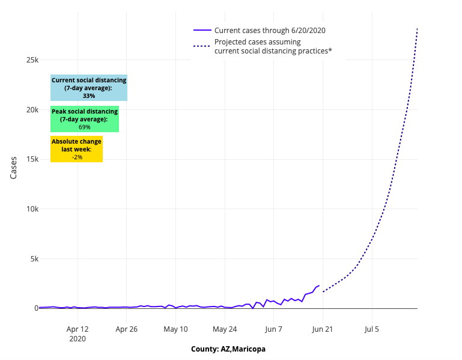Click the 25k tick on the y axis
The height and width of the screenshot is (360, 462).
tap(31, 61)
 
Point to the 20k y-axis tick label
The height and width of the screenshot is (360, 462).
tap(31, 110)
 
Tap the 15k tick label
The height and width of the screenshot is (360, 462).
tap(31, 160)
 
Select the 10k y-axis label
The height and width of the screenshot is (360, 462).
tap(31, 209)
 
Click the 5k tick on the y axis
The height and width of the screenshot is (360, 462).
tap(33, 259)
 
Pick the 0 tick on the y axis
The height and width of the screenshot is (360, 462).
tap(36, 308)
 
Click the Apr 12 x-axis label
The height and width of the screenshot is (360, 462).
tap(78, 329)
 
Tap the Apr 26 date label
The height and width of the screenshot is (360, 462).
tap(127, 329)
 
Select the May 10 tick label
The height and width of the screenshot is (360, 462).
tap(175, 329)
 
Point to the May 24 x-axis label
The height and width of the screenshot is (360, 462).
tap(225, 329)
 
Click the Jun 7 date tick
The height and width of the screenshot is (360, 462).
tap(274, 329)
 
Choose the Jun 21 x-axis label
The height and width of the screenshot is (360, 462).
tap(323, 329)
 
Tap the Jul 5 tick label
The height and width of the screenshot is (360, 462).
tap(372, 329)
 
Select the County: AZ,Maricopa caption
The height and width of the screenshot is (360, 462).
tap(228, 349)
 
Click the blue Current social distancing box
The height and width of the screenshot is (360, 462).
tap(89, 88)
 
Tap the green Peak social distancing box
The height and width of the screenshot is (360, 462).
tap(85, 119)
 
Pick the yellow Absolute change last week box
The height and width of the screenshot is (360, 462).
tap(76, 149)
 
